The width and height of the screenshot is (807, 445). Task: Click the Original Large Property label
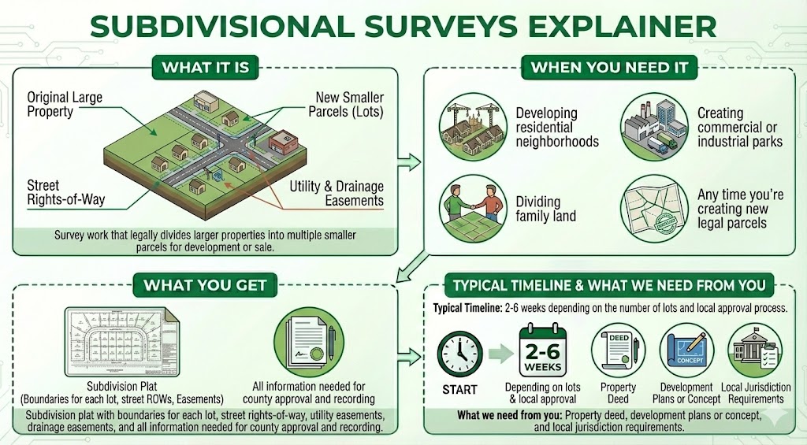[65, 105]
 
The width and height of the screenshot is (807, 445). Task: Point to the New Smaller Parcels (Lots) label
[349, 105]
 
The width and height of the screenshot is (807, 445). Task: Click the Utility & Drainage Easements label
[337, 194]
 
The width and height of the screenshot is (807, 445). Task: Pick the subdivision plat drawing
[122, 345]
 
